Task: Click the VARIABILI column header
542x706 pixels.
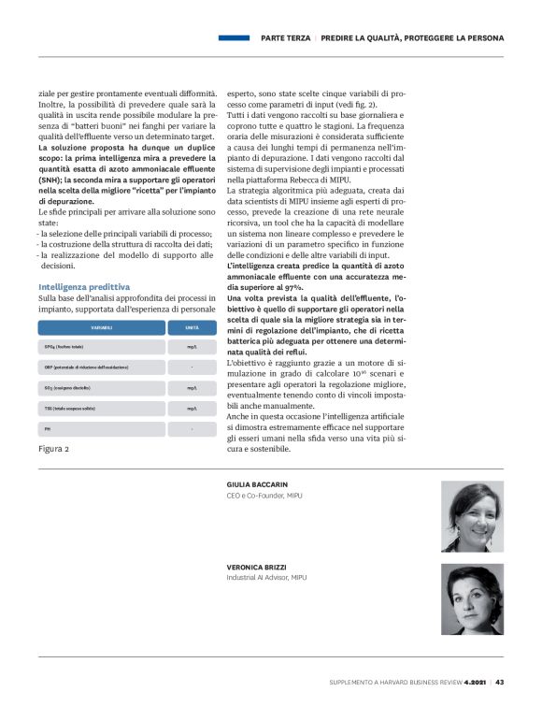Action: [x=101, y=327]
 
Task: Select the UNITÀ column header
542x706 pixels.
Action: [x=192, y=327]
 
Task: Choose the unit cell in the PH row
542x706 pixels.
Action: [x=192, y=428]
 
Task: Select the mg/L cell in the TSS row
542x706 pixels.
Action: [x=192, y=408]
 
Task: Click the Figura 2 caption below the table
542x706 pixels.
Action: [x=53, y=449]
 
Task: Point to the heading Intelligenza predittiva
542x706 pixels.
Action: [x=83, y=285]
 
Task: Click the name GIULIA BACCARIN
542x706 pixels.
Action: [x=257, y=484]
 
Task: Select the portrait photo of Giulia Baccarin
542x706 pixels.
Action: [x=472, y=516]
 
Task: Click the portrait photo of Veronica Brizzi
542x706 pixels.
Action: [x=472, y=598]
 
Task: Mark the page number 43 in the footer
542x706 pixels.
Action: [x=500, y=682]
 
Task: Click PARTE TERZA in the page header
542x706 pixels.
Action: [x=285, y=38]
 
